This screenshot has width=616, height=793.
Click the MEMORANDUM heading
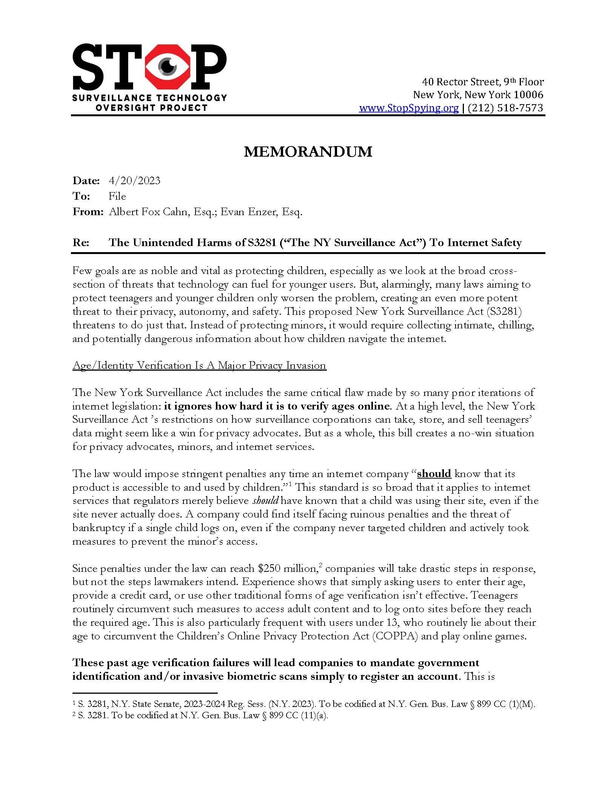[308, 152]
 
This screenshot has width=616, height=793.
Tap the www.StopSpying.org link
[408, 108]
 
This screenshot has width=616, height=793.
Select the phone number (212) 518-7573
[505, 108]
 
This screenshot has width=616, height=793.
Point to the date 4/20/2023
[134, 180]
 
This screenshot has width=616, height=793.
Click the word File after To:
[117, 196]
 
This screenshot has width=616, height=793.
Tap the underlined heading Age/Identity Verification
[199, 365]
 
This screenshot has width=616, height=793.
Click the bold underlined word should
[434, 474]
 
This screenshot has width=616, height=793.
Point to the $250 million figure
[287, 568]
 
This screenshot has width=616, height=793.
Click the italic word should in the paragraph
[265, 501]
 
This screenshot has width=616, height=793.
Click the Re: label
[81, 242]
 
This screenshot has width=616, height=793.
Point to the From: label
[88, 212]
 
